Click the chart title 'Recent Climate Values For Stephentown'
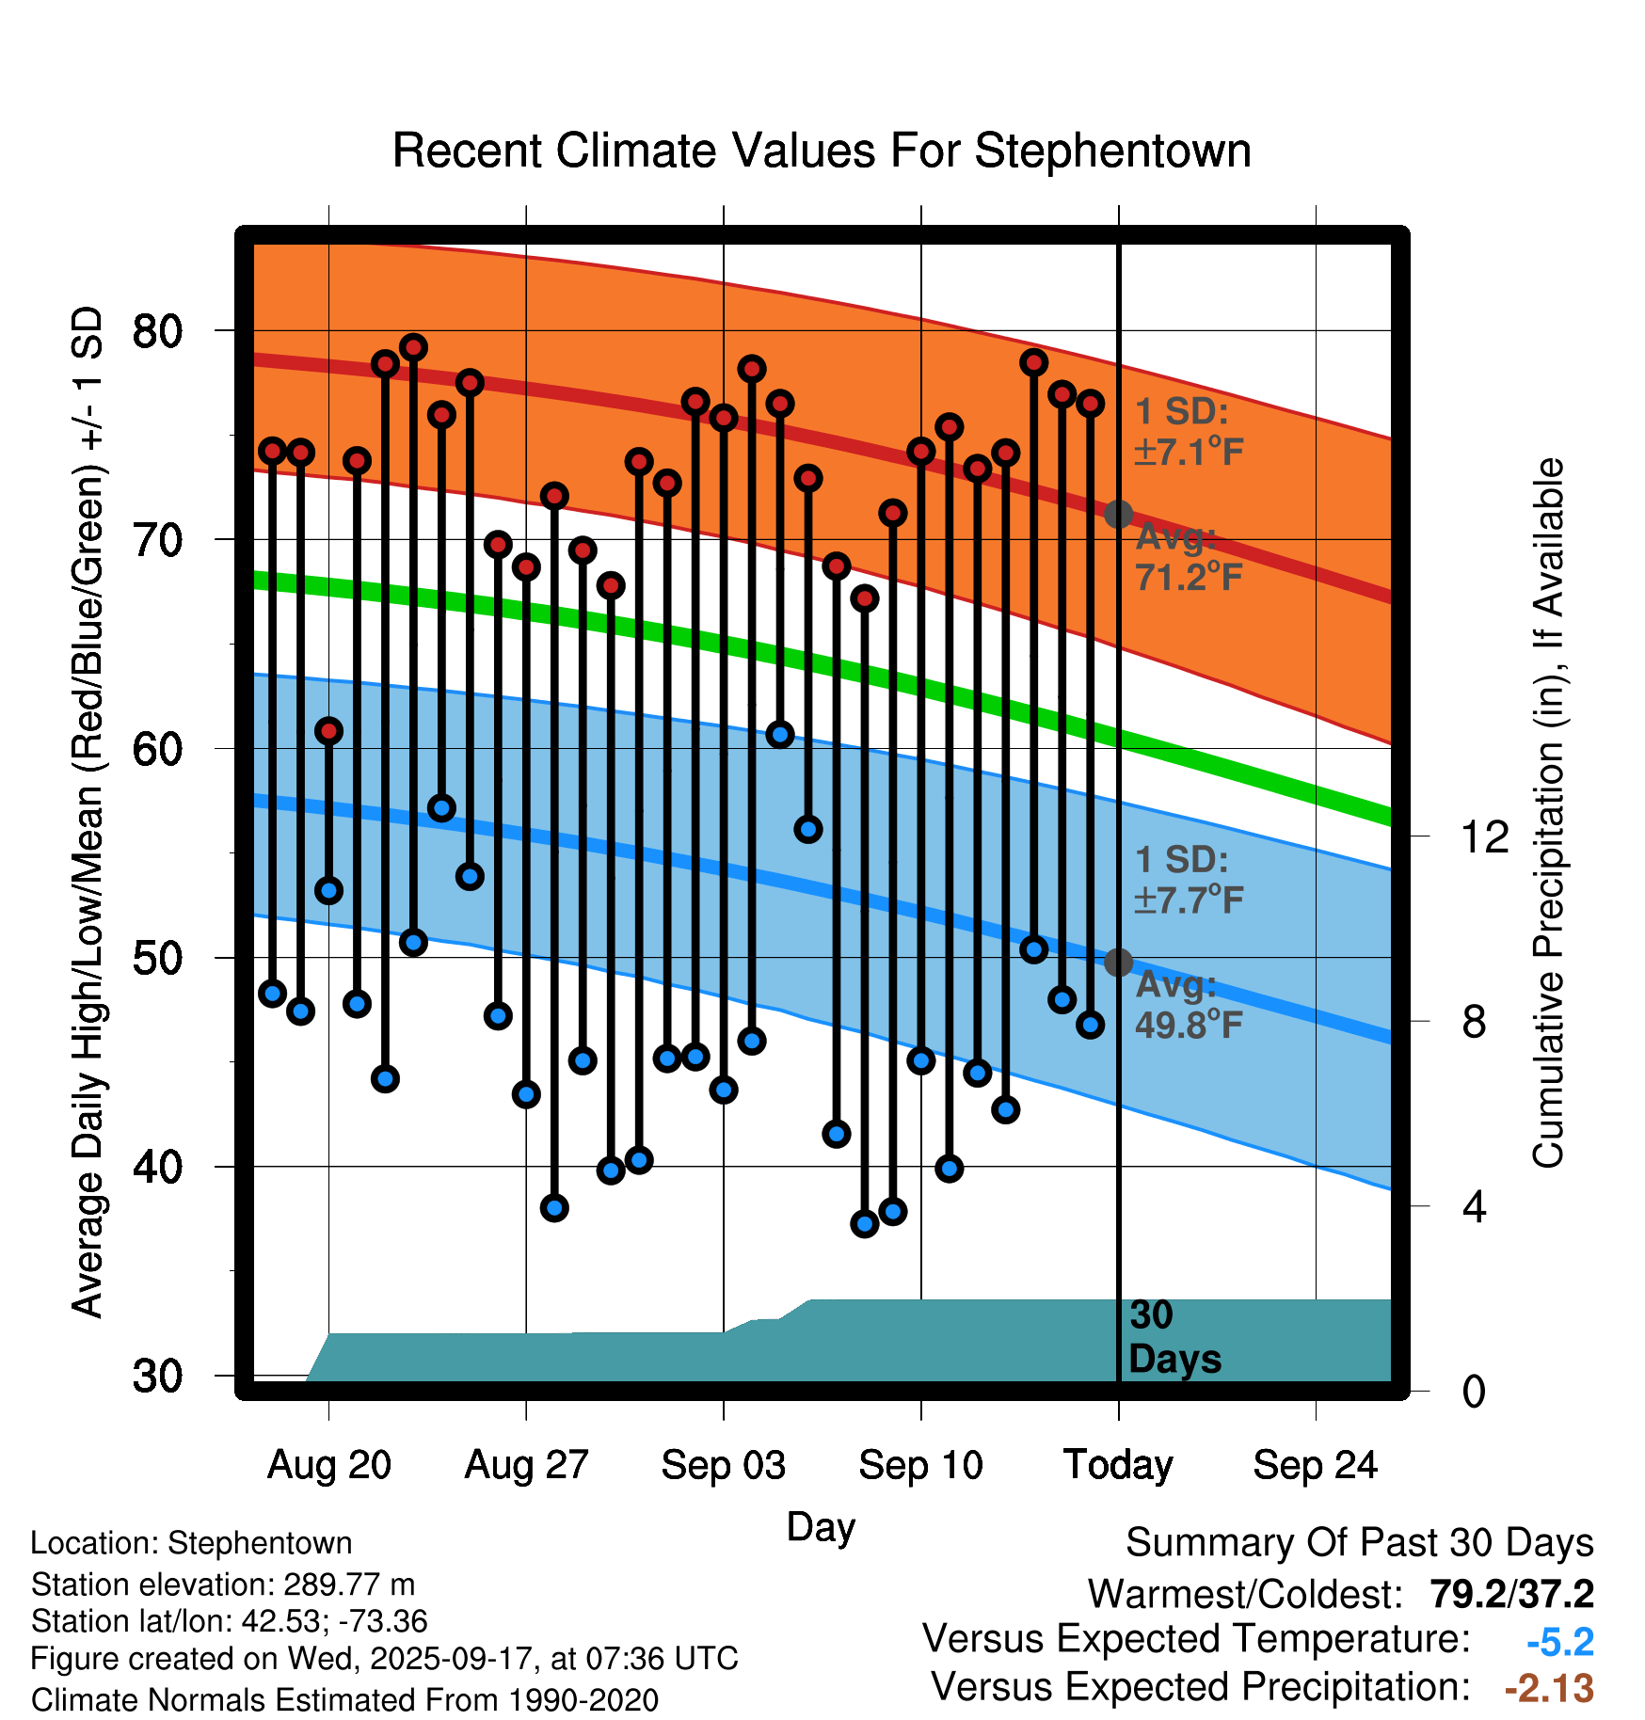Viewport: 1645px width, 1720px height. point(822,151)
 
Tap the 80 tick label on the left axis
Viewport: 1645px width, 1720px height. point(157,331)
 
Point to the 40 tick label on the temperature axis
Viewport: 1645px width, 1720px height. point(157,1168)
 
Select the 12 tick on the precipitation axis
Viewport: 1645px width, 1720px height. point(1484,836)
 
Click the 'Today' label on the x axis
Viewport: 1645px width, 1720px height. point(1118,1465)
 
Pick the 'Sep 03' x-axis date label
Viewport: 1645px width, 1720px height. point(723,1465)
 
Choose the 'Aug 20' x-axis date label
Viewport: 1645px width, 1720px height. point(328,1465)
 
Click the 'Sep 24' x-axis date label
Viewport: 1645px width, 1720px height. point(1315,1465)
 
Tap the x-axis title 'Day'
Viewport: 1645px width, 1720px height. point(821,1526)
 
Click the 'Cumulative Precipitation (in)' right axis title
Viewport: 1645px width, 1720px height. point(1548,814)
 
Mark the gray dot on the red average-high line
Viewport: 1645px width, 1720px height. point(1118,515)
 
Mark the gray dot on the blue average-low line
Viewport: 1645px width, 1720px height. point(1118,963)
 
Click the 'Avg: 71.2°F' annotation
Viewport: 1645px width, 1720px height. point(1188,557)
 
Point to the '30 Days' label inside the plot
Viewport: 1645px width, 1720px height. point(1174,1337)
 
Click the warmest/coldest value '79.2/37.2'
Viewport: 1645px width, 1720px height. point(1511,1594)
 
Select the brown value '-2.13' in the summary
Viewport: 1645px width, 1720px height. point(1549,1688)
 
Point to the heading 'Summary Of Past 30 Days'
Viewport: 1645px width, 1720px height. point(1359,1543)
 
